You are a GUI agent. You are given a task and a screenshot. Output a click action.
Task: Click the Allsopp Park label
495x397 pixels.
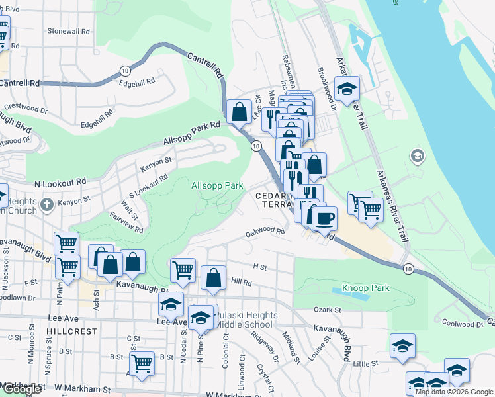tap(218, 187)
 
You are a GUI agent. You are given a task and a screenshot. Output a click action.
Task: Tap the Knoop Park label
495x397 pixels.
tap(366, 288)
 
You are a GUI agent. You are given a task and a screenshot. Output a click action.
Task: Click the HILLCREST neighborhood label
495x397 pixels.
tap(72, 331)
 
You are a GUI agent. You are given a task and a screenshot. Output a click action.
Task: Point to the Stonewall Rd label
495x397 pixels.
tap(68, 31)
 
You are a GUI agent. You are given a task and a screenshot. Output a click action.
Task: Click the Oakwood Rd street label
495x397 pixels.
tap(264, 232)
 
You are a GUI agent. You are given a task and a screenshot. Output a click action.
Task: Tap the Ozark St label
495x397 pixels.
tap(327, 310)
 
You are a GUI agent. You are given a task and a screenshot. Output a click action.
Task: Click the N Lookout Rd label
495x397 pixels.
tap(60, 181)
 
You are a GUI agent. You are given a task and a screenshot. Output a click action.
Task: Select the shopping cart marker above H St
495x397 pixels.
tap(183, 269)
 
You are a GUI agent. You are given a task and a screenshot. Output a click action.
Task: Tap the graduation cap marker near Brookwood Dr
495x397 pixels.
tap(347, 88)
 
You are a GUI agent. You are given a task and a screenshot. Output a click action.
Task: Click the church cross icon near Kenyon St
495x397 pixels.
tap(46, 205)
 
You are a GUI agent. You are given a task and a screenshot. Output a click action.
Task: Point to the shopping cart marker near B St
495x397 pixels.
tap(142, 363)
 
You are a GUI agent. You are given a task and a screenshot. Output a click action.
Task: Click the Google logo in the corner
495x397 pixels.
tap(21, 389)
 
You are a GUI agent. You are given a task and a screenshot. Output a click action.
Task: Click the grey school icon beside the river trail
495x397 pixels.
tap(417, 156)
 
